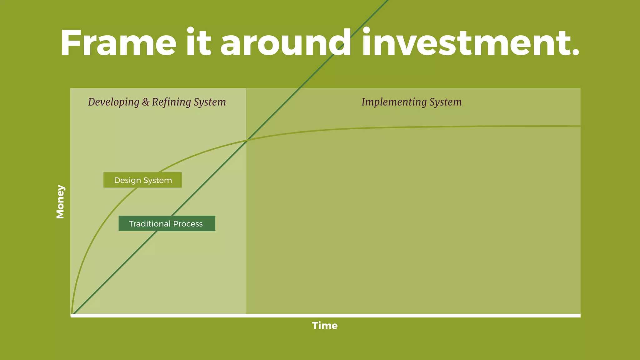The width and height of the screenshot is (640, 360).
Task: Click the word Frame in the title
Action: [x=118, y=43]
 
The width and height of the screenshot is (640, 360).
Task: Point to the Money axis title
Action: [x=60, y=202]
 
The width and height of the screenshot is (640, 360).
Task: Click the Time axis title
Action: [x=325, y=326]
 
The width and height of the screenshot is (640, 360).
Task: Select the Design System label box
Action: [x=142, y=180]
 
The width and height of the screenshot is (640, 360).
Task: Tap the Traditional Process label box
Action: [x=167, y=223]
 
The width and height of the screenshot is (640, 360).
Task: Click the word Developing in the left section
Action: [x=113, y=102]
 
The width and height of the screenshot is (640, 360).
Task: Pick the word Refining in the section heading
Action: [x=171, y=102]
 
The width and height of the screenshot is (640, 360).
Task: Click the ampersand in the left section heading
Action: [x=146, y=102]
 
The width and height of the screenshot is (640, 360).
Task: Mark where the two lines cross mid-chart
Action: [x=247, y=141]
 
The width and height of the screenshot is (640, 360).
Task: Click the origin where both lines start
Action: [x=72, y=313]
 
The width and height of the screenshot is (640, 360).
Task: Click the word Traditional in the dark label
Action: [x=150, y=224]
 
